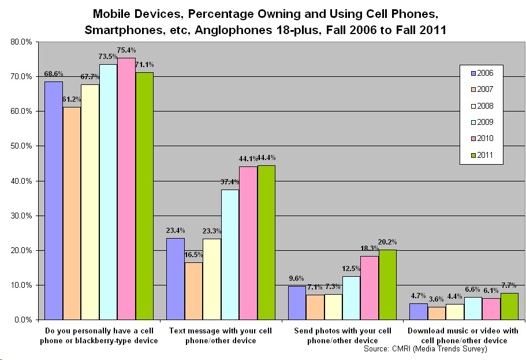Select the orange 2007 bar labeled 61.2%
point(72,213)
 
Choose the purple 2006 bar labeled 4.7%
point(418,311)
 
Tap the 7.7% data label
point(509,285)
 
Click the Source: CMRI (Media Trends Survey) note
point(425,349)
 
